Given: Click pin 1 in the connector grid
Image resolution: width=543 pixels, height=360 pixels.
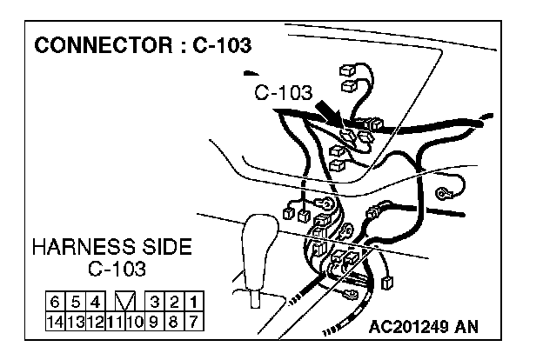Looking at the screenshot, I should (195, 303).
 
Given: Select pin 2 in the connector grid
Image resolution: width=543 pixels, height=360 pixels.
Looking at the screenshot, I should (175, 303).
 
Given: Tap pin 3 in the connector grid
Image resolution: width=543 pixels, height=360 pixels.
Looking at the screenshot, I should (155, 303).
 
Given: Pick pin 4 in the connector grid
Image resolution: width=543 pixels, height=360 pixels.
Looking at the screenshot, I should (95, 303).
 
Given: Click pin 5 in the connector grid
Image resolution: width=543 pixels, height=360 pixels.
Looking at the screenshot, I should (75, 303).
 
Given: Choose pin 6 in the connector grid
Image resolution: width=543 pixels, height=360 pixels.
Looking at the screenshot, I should (55, 303).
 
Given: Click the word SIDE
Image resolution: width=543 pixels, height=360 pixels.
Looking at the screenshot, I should (164, 247).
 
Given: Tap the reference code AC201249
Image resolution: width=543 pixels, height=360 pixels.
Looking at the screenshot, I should (410, 328).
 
